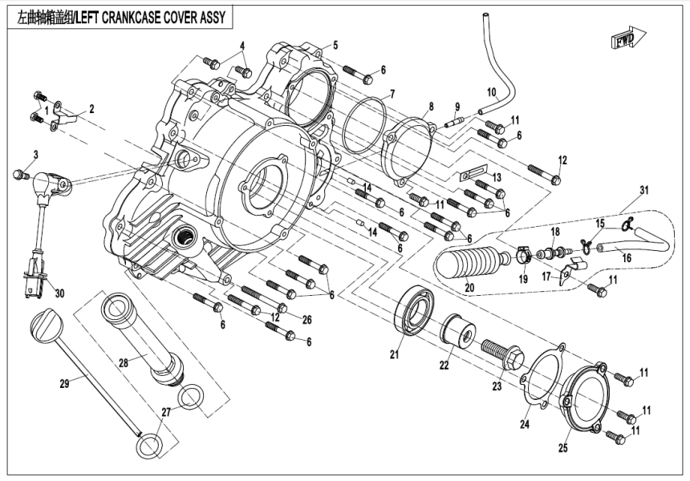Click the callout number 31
[x=644, y=190]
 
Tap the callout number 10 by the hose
[x=492, y=91]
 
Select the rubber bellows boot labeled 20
[x=469, y=264]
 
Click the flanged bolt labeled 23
[x=502, y=356]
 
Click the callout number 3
[x=35, y=154]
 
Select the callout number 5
[x=335, y=45]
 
